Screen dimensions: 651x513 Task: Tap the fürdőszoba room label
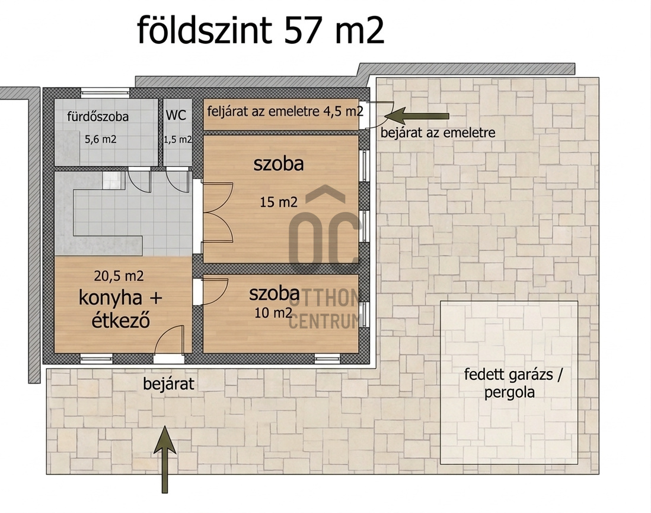pos(98,116)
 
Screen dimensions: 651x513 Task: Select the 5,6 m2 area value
pos(100,140)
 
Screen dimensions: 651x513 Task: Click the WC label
pos(176,115)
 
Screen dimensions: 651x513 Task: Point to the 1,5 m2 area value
pos(178,140)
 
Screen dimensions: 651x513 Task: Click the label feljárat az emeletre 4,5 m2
pos(285,111)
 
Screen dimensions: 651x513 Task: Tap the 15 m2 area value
pos(279,202)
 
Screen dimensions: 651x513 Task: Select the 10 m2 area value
pos(273,313)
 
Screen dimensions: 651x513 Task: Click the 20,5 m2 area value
pos(119,275)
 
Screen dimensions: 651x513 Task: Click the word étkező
pos(120,320)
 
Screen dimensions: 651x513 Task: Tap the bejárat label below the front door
pos(168,384)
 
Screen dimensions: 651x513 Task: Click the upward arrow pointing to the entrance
pos(165,460)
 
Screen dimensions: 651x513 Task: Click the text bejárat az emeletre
pos(438,132)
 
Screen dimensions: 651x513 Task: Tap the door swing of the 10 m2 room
pos(215,292)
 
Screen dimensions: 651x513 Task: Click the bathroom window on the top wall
pos(105,93)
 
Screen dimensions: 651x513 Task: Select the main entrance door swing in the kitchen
pos(169,340)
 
